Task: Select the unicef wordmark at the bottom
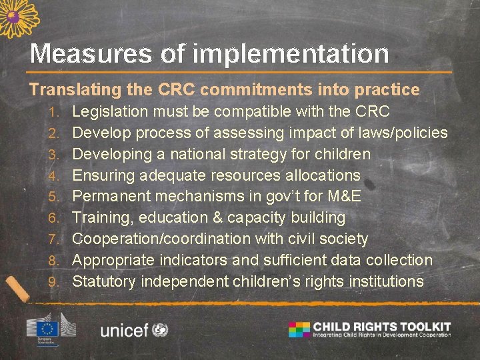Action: [124, 330]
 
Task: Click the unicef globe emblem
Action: [160, 329]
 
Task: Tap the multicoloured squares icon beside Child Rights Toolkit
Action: [299, 329]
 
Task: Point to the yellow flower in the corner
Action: [17, 16]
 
